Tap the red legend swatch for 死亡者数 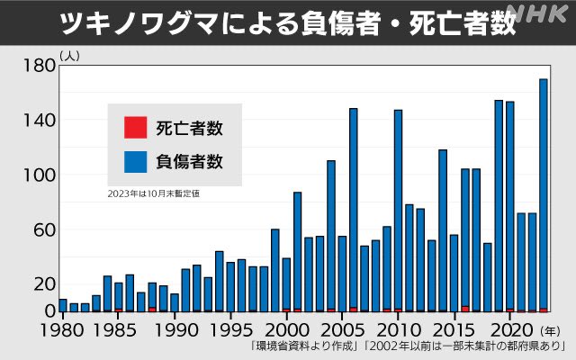point(134,128)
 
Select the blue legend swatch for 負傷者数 point(134,162)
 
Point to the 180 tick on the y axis point(37,66)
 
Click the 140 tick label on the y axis point(37,121)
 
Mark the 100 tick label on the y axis point(37,175)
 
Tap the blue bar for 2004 point(331,235)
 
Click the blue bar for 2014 point(443,229)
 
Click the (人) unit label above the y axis point(69,56)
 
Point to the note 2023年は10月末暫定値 point(153,193)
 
